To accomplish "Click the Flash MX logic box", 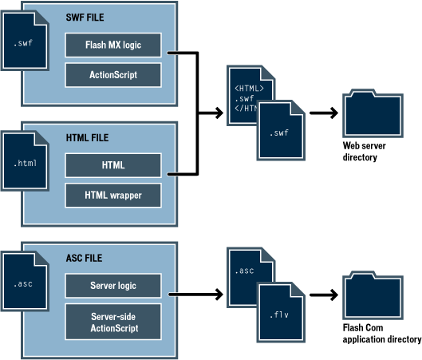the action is pos(113,45).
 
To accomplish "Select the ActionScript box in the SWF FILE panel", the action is pos(113,75).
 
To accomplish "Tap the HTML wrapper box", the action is pos(113,196).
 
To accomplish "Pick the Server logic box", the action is pos(113,286).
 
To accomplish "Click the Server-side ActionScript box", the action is pos(113,322).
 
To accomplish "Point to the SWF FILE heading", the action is pos(85,18).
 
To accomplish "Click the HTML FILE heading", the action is pos(87,138).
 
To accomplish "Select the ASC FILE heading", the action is pos(84,258).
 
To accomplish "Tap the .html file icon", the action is pos(25,160).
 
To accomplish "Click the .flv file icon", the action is pos(281,312).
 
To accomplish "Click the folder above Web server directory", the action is pos(373,113).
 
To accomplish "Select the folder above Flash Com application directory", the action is pos(373,295).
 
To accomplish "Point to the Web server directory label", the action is pos(364,152).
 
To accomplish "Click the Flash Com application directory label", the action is pos(382,334).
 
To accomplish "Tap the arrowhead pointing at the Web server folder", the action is pos(333,113).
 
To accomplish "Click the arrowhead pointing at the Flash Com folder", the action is pos(333,295).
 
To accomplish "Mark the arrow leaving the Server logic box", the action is pos(196,295).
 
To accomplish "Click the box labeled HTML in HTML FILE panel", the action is pos(113,165).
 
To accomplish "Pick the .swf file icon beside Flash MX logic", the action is pos(25,41).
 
